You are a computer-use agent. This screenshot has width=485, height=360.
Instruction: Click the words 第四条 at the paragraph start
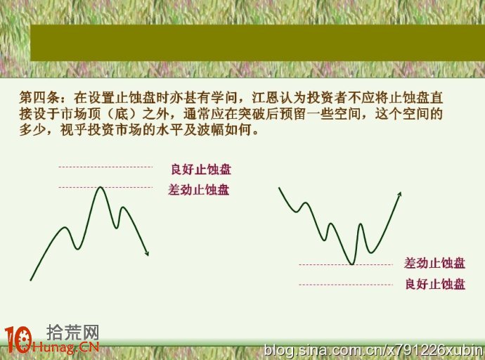click(x=39, y=98)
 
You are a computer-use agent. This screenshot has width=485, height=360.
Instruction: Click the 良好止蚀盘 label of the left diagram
click(x=201, y=169)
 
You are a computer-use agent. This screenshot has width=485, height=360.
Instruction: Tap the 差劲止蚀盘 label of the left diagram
click(x=199, y=190)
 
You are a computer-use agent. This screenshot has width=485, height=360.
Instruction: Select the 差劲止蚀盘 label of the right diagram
click(x=434, y=263)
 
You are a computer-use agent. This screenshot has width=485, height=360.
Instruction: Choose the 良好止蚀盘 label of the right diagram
click(x=435, y=284)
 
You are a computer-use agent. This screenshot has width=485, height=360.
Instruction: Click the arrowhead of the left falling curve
click(x=147, y=253)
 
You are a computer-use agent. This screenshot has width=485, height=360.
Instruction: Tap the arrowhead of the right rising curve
click(x=399, y=194)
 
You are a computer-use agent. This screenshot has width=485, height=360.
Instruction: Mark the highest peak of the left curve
click(x=100, y=187)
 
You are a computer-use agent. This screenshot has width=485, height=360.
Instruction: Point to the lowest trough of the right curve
click(x=352, y=264)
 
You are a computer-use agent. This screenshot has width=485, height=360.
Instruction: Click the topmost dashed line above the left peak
click(x=105, y=167)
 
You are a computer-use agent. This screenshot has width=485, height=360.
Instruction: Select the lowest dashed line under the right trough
click(x=346, y=285)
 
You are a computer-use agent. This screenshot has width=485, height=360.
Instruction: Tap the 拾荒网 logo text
click(x=72, y=333)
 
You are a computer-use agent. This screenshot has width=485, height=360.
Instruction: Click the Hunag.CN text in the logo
click(x=65, y=347)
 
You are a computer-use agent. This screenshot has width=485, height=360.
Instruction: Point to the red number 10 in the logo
click(x=18, y=340)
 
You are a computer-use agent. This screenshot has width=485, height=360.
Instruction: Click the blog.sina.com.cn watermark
click(x=374, y=351)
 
